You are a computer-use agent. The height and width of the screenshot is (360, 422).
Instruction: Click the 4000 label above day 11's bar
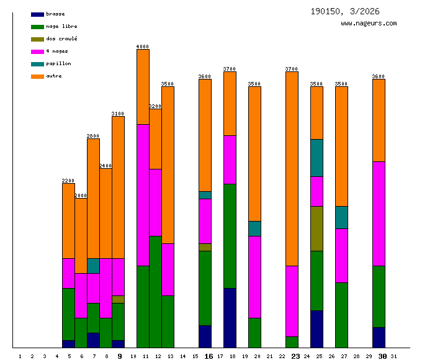coord(143,47)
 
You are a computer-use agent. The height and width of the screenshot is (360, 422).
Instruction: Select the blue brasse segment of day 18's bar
coord(230,317)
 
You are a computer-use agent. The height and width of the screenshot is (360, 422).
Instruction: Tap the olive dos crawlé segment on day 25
coord(316,228)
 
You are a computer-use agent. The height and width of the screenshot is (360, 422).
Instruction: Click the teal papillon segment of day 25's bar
coord(316,158)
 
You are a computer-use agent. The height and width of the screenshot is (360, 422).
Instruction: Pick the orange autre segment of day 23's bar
coord(292,169)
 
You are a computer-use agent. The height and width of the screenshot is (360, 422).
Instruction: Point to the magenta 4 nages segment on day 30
coord(379,214)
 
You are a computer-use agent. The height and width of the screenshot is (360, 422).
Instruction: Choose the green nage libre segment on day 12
coord(155,291)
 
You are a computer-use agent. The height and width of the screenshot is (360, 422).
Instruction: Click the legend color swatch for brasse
coord(37,14)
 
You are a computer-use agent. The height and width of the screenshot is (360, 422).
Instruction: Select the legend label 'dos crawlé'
coord(61,39)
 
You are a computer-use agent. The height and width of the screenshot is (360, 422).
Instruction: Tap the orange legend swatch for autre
coord(37,76)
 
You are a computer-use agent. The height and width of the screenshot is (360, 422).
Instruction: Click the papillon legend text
coord(58,64)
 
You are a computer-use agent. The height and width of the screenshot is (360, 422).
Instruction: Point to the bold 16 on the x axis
coord(209,356)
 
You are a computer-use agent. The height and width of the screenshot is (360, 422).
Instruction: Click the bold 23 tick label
coord(295,356)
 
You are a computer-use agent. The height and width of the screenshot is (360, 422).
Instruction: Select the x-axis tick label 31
coord(393,356)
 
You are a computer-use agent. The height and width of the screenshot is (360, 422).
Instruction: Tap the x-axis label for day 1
coord(20,356)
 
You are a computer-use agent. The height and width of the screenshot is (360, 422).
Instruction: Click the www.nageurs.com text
coord(369,24)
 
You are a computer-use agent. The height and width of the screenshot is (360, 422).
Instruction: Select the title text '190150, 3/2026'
coord(345,12)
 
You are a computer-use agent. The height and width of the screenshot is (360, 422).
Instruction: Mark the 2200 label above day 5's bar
coord(68,181)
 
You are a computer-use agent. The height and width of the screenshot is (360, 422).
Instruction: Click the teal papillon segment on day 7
coord(93,266)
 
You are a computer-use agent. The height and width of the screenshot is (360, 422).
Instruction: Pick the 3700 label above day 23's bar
coord(292,69)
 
